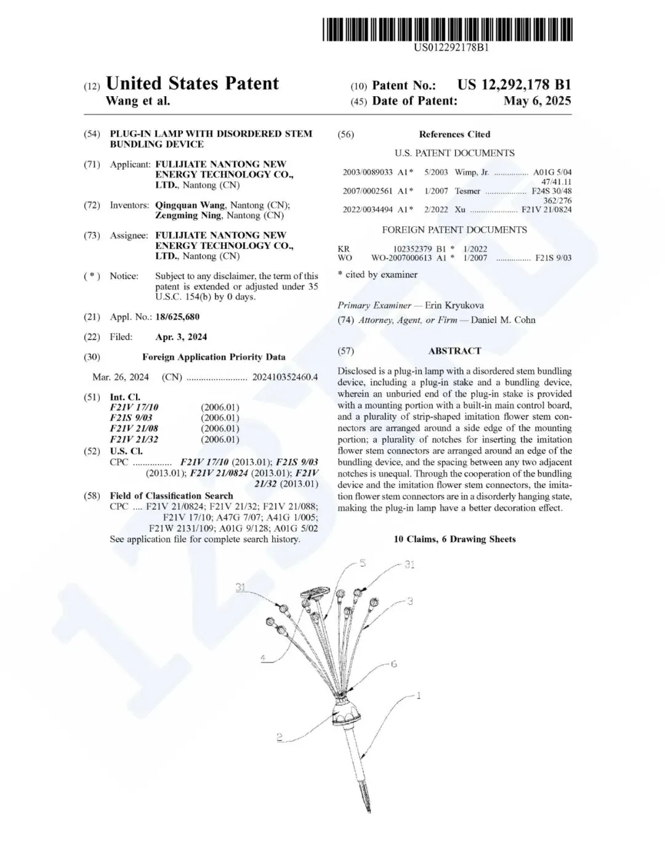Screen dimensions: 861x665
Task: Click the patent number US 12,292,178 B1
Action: point(514,85)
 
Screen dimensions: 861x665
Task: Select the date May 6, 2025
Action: point(537,101)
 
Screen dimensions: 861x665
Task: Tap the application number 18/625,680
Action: point(177,317)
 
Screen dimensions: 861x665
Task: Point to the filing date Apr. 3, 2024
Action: point(181,337)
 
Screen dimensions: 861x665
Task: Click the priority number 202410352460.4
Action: point(285,377)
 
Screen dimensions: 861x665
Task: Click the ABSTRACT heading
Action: point(454,351)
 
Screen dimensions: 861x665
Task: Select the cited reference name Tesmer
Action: point(467,191)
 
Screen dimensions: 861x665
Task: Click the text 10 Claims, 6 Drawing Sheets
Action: point(454,539)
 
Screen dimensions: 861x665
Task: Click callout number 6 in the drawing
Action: point(394,664)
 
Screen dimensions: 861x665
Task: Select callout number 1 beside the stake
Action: point(419,696)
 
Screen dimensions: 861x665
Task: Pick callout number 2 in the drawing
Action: point(280,736)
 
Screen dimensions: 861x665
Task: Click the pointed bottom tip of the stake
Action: point(368,809)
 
